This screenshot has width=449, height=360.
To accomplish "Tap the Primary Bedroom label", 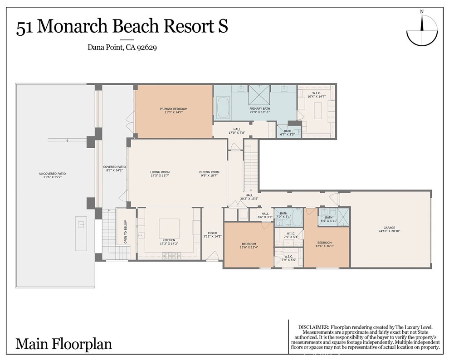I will point(173,109).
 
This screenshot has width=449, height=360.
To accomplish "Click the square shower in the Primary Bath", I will point(259,95).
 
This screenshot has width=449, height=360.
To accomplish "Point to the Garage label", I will point(389,228).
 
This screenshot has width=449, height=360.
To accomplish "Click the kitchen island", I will point(169,229).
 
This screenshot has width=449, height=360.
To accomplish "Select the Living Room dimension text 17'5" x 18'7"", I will point(160,175).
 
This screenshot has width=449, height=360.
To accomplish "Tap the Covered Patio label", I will point(113,167).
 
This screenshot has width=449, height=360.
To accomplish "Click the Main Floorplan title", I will point(64,343).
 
